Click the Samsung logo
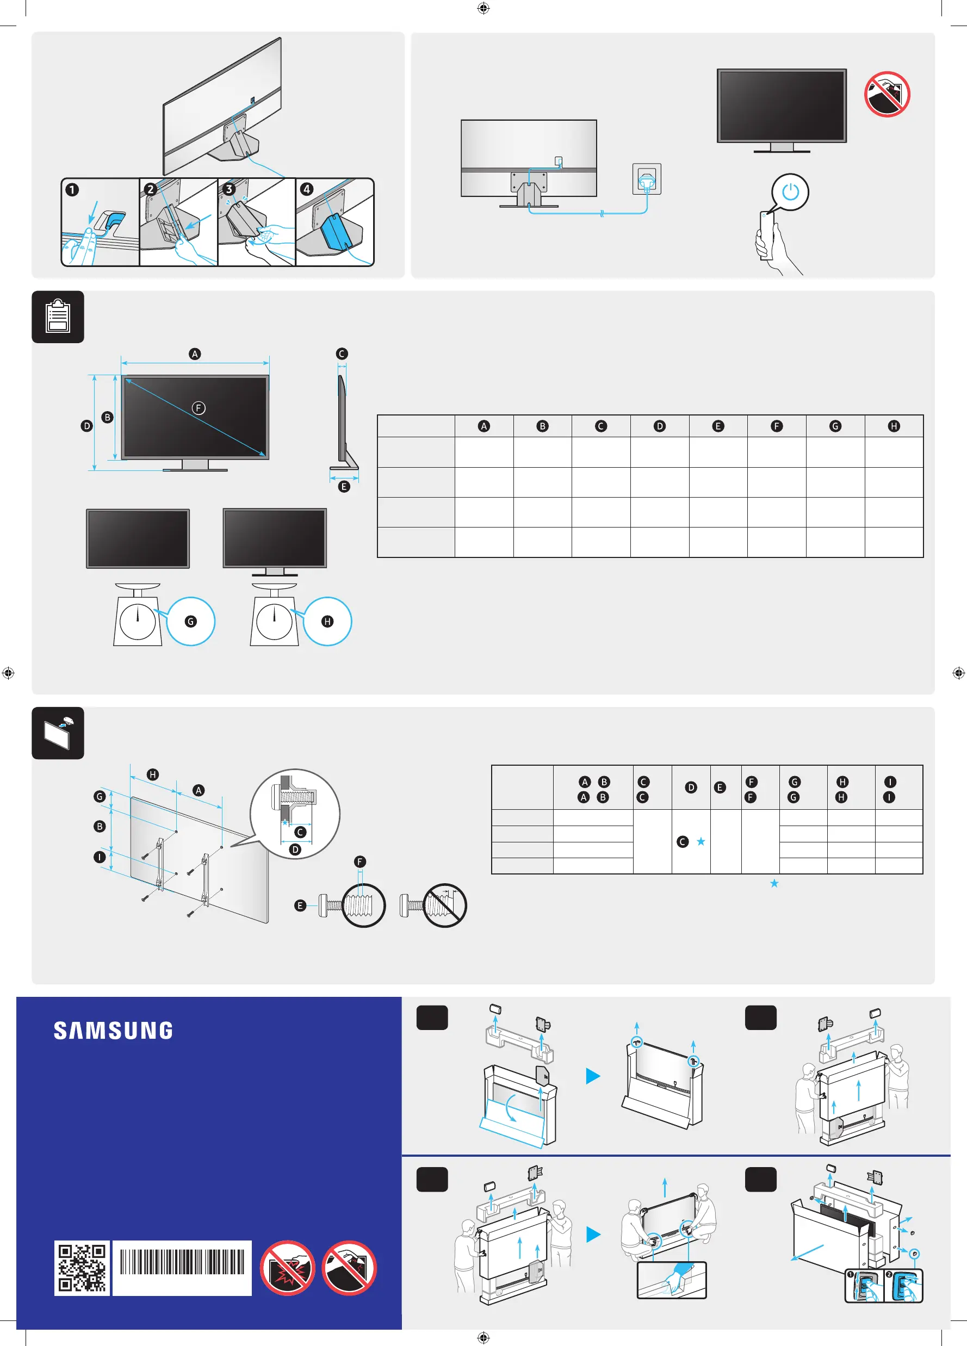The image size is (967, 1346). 113,1031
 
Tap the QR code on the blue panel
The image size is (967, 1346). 82,1268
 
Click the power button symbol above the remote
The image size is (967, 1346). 790,191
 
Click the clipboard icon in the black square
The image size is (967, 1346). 58,317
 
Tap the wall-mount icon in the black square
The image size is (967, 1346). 58,733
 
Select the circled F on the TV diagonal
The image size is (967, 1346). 199,408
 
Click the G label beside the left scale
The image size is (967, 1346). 190,622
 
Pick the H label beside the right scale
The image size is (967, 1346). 327,622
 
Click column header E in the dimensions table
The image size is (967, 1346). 718,426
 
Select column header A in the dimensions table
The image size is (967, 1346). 484,426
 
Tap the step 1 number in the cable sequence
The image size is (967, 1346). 72,190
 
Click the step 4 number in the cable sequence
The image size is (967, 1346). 306,189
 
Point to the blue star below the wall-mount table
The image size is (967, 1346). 774,884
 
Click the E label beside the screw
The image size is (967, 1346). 300,905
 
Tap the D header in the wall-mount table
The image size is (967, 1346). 690,787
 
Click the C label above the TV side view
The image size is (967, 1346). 342,353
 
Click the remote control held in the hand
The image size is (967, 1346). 766,234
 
